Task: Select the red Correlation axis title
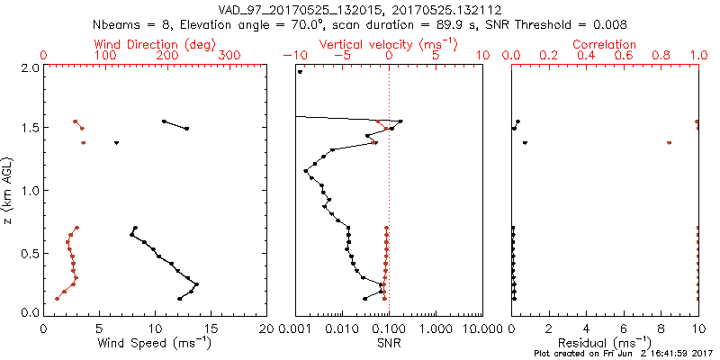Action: [x=605, y=44]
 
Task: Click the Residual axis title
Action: [x=605, y=343]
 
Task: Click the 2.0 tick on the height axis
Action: [x=30, y=67]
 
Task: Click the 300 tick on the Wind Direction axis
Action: [x=230, y=56]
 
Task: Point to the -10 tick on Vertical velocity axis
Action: [x=292, y=56]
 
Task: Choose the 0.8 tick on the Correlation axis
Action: [x=661, y=56]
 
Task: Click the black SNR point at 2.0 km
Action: [x=301, y=72]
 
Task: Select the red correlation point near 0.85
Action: [x=669, y=142]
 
